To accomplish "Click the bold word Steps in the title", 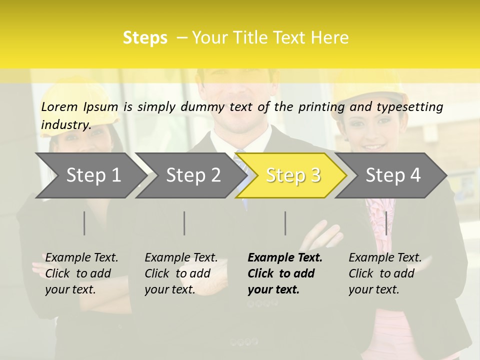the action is (x=145, y=38).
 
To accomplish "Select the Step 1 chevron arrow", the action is (x=91, y=175).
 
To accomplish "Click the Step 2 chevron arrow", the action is (x=191, y=175).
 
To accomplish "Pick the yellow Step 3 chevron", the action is (x=291, y=175).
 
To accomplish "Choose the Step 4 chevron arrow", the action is (x=391, y=175).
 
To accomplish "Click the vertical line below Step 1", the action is (x=84, y=223).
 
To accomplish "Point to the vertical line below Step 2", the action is (x=184, y=223).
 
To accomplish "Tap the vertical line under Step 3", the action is (x=285, y=223).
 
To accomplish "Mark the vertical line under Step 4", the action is (x=386, y=223).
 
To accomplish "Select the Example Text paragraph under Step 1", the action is (x=81, y=273).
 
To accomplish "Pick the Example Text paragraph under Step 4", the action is (x=385, y=273).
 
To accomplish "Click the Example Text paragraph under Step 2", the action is (x=181, y=273).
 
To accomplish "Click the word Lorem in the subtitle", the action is (x=59, y=107).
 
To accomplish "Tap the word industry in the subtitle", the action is (x=66, y=125).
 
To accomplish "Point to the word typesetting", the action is (x=410, y=107).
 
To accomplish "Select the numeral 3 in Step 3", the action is (x=316, y=175).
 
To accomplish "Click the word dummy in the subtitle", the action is (x=202, y=107).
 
